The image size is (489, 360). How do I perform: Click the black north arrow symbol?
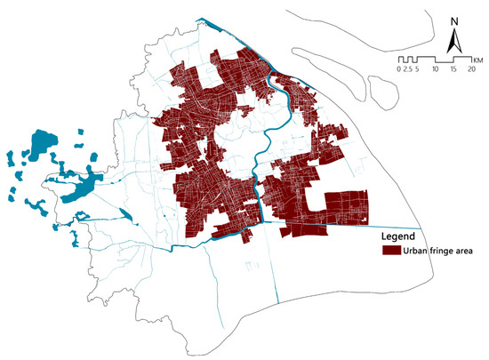[x=453, y=42]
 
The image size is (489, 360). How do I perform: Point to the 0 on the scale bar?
[x=399, y=68]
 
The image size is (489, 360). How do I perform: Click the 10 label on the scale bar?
[x=435, y=68]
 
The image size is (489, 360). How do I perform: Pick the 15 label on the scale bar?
[x=453, y=68]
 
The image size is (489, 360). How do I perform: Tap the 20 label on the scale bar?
[x=470, y=68]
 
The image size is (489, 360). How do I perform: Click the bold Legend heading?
[x=398, y=237]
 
